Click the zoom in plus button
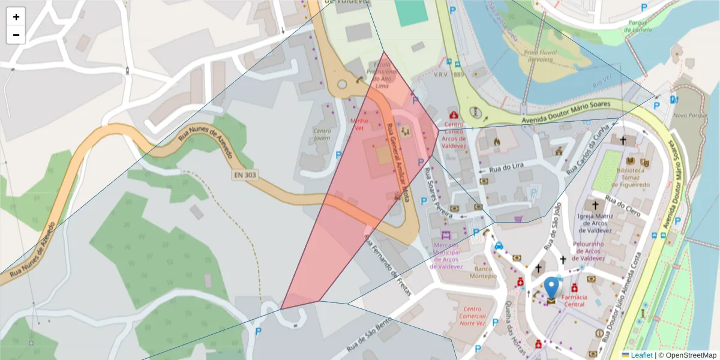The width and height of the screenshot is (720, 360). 16,17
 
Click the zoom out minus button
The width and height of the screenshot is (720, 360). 16,35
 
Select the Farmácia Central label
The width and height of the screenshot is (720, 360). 574,301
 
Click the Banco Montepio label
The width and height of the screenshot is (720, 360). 485,273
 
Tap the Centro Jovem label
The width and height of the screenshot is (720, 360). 322,134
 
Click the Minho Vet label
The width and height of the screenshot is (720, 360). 359,124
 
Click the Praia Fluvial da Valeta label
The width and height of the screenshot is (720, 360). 541,56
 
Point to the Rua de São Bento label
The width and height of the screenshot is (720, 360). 368,335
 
